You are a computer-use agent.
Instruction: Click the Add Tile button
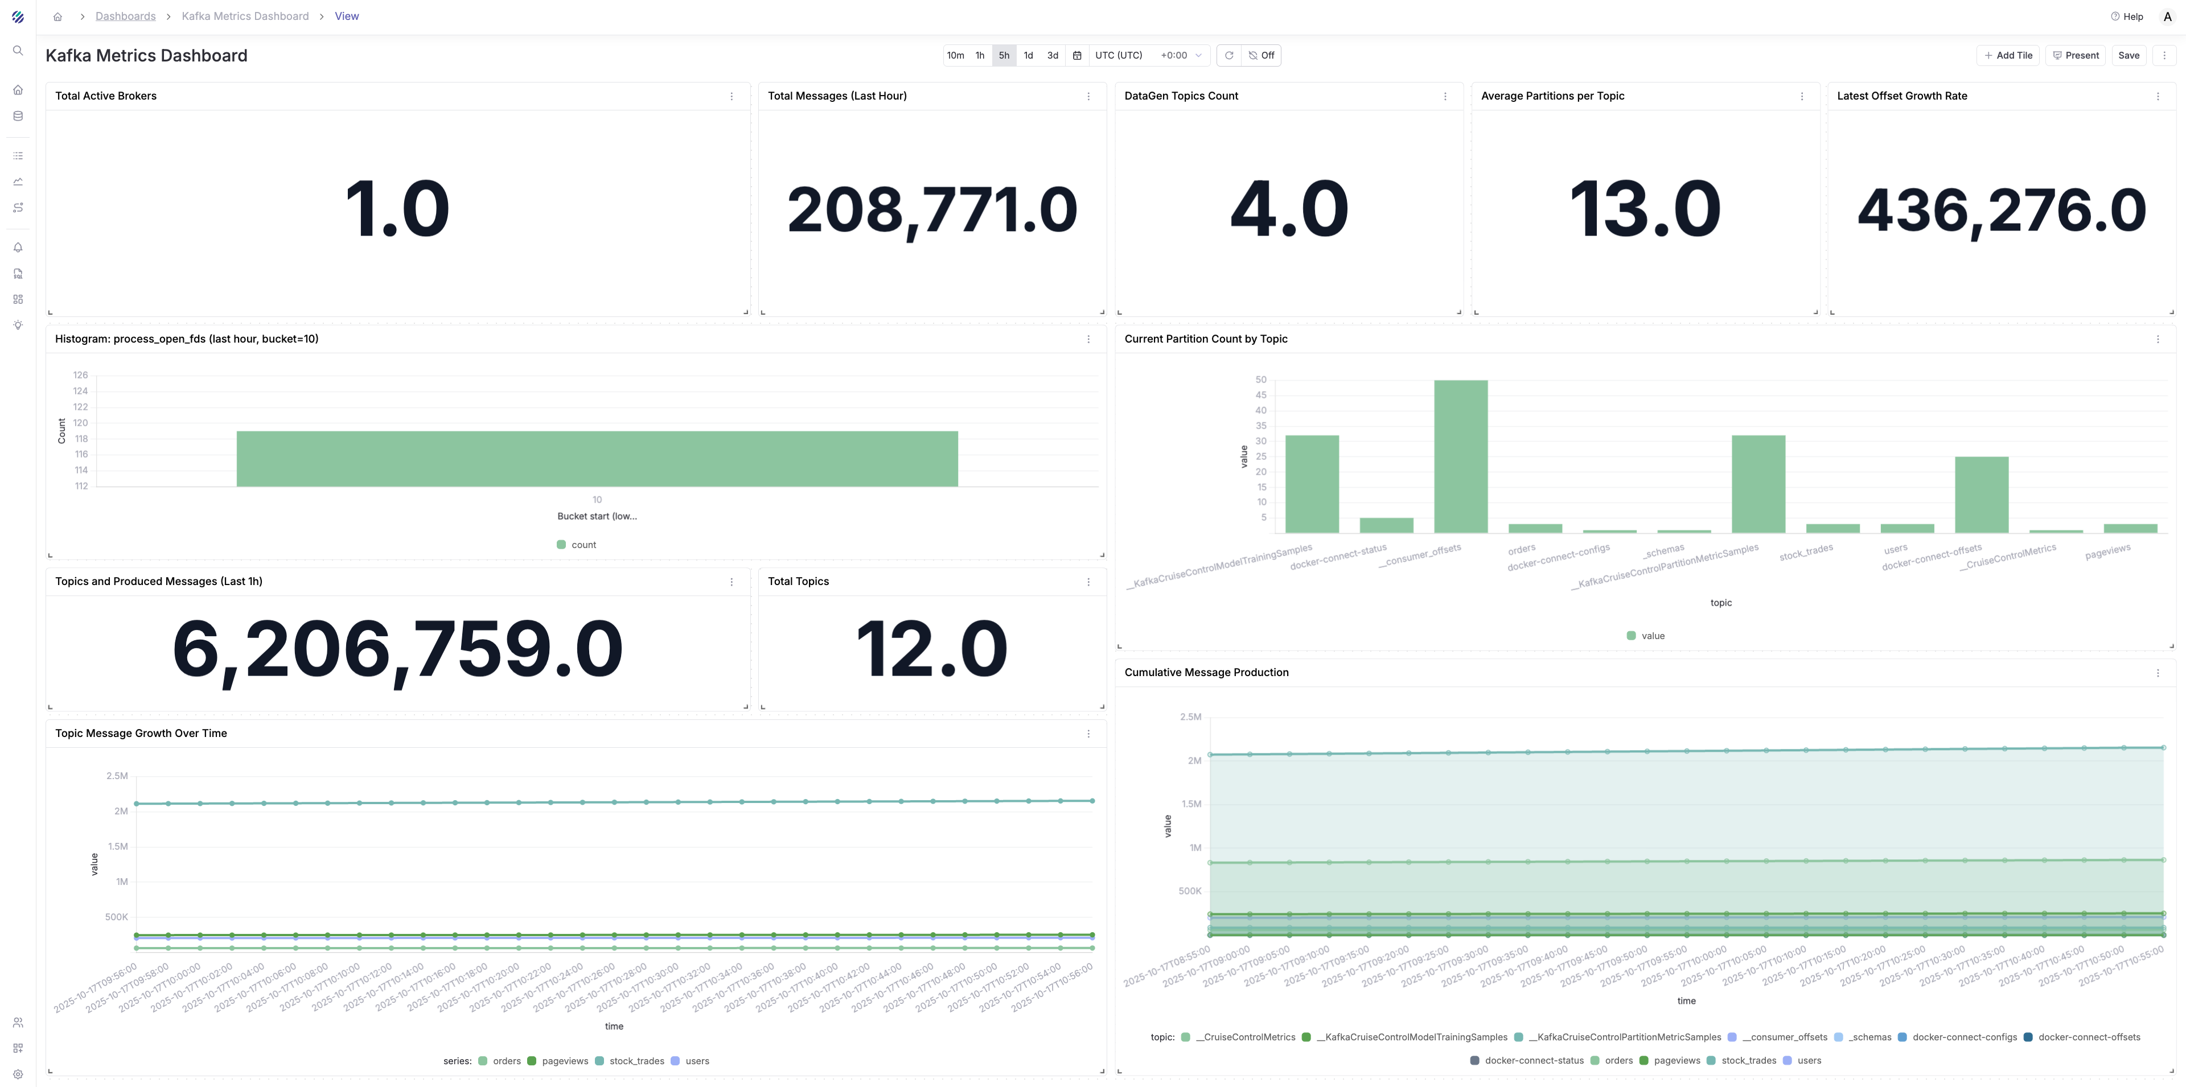(2008, 55)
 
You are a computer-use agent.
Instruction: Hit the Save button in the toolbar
(2129, 55)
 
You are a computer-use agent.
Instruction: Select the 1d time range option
(1028, 55)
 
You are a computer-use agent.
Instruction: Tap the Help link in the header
(2127, 16)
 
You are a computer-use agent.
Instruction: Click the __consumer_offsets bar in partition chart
(1460, 456)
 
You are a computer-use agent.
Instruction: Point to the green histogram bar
(597, 458)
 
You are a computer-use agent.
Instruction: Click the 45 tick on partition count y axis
(1261, 394)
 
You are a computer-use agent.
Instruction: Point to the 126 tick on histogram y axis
(81, 375)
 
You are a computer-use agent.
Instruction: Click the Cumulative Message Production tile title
(1206, 672)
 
